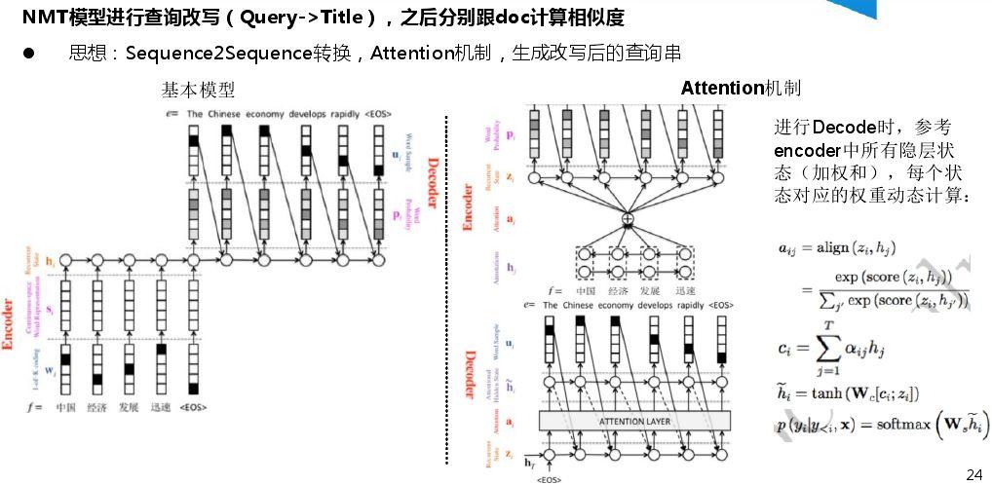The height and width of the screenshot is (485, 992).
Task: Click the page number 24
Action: pos(973,474)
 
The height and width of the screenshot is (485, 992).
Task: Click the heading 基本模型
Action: pos(198,90)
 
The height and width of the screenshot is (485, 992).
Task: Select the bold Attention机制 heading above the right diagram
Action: pos(741,89)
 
